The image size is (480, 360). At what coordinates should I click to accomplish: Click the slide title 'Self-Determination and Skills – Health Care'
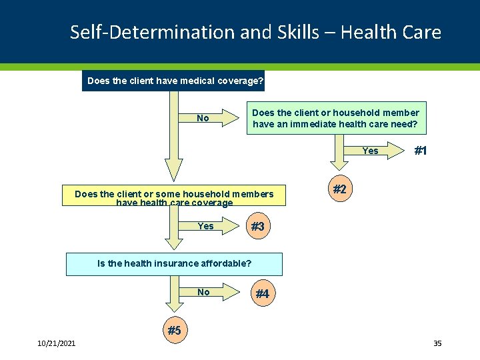point(255,32)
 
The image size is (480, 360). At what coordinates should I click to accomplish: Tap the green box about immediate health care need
point(335,118)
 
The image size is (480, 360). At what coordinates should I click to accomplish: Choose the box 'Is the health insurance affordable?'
point(174,263)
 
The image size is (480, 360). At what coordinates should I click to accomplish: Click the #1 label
point(421,151)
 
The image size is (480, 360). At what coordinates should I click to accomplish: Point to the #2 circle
point(339,189)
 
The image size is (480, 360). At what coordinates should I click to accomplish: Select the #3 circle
point(257,227)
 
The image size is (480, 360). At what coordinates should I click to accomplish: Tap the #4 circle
point(262,294)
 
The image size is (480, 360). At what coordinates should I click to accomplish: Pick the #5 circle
point(174,330)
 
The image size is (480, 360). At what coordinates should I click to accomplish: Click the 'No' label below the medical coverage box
point(203,118)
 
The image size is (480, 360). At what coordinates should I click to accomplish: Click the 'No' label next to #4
point(203,292)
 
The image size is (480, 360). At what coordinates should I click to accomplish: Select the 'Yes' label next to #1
point(370,151)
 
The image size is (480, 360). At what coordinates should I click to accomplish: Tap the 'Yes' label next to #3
point(205,226)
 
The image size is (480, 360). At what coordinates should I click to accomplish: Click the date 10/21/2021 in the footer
point(57,343)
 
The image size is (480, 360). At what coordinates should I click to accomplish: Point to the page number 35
point(437,343)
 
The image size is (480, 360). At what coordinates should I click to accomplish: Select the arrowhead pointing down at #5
point(174,306)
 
